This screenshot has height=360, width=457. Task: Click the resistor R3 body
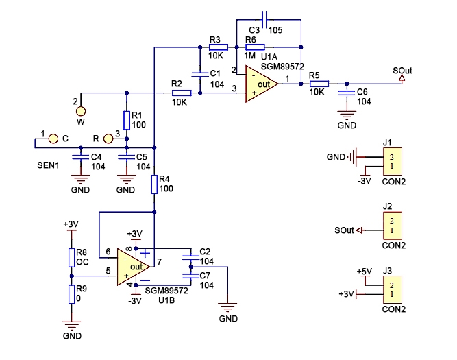pos(217,47)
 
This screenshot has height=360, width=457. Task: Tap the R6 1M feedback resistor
pos(254,47)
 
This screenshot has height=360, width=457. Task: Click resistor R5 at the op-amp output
pos(319,84)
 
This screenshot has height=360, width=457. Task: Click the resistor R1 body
pos(127,120)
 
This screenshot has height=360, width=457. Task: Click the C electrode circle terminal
pos(52,139)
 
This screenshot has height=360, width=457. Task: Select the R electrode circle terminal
pos(108,139)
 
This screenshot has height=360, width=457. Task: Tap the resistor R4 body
pos(156,184)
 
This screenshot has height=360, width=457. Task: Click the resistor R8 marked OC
pos(71,257)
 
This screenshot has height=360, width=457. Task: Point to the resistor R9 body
pos(71,294)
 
